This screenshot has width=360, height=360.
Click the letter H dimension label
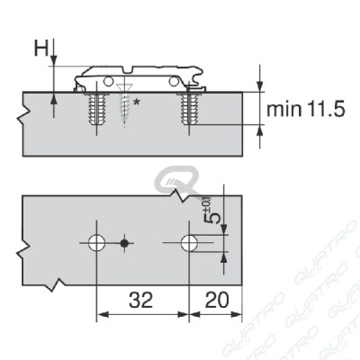[x=40, y=49]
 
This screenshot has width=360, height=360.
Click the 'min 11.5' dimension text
[x=306, y=109]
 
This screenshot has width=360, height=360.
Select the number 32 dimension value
[x=141, y=300]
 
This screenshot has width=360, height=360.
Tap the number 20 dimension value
[x=217, y=300]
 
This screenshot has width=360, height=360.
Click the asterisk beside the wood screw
[x=136, y=103]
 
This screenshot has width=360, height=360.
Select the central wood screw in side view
[x=124, y=103]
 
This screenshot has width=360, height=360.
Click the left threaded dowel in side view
[x=96, y=109]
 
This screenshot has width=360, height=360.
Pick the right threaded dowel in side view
[x=189, y=109]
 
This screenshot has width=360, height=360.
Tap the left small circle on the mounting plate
[x=108, y=81]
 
